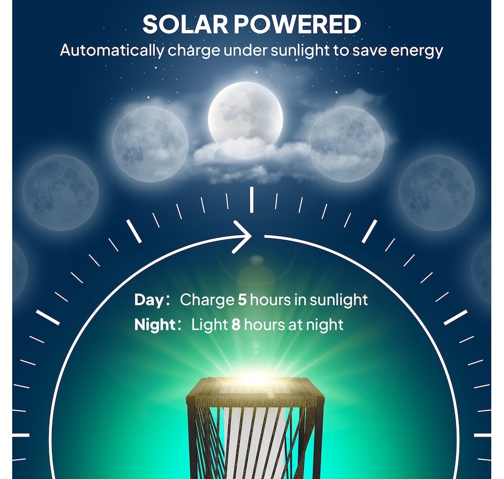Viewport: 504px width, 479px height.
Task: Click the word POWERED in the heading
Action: [x=299, y=24]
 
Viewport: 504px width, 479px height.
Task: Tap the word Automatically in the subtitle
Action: [x=111, y=51]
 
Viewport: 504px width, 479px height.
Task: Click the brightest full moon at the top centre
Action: [x=245, y=114]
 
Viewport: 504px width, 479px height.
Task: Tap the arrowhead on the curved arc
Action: [x=244, y=237]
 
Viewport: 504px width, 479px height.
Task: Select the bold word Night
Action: [x=154, y=325]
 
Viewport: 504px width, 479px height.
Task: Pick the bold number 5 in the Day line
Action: [x=242, y=300]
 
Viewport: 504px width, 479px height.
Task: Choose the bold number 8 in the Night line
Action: [x=236, y=325]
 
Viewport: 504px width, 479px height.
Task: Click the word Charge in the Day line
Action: [x=207, y=300]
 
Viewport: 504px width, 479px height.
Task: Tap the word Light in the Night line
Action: [x=210, y=325]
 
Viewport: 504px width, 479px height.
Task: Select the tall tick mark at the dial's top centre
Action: [x=251, y=199]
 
